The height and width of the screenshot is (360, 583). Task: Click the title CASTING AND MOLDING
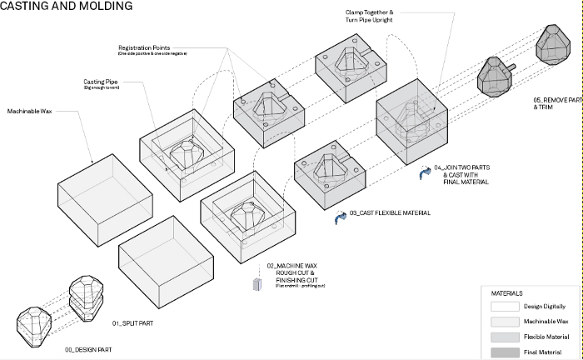67,7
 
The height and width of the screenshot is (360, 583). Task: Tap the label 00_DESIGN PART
87,351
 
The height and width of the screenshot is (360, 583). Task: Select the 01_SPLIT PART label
132,322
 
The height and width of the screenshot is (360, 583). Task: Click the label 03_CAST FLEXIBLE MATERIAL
390,214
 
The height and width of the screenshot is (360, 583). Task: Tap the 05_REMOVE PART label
556,101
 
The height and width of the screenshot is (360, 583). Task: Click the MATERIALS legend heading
507,293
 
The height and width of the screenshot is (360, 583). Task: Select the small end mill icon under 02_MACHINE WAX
257,284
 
